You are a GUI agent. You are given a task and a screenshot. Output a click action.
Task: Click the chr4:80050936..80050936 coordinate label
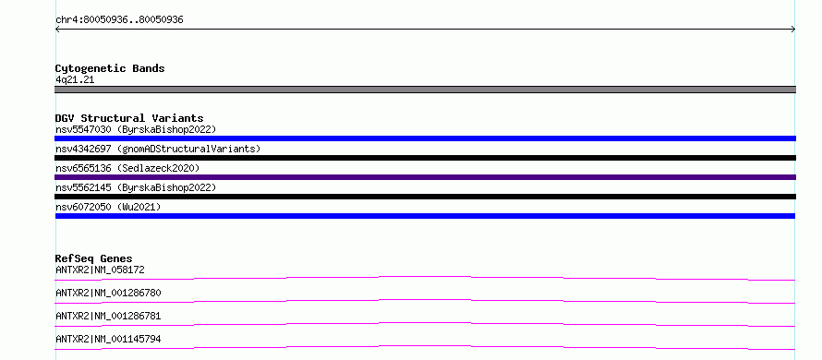[119, 20]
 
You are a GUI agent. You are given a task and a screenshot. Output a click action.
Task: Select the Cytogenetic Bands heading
[110, 68]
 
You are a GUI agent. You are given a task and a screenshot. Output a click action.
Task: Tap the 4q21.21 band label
[75, 80]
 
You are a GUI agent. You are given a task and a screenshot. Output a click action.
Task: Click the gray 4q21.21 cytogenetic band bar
[425, 90]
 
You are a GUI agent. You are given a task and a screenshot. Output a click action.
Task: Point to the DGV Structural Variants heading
[129, 118]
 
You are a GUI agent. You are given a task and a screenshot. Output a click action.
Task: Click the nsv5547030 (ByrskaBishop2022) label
[136, 129]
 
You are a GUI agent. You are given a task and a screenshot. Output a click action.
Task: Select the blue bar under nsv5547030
[425, 138]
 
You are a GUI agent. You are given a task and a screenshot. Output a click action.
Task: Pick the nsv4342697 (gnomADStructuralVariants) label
[158, 149]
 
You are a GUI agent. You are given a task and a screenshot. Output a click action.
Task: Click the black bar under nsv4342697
[425, 158]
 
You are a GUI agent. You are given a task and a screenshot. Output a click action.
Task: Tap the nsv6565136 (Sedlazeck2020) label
[127, 168]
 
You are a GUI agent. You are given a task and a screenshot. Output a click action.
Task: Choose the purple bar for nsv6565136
[425, 177]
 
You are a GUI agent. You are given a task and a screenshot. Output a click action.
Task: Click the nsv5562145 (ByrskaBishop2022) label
[136, 187]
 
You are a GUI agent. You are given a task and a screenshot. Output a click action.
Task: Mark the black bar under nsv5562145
[425, 197]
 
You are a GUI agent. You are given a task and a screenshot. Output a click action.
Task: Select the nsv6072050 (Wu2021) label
[108, 207]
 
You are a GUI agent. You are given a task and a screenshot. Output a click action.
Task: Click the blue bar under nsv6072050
[425, 216]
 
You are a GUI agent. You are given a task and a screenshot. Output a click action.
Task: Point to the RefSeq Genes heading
[94, 258]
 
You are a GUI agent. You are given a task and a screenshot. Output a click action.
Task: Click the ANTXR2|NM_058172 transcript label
[100, 270]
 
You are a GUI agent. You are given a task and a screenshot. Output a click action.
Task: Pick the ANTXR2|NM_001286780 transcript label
[108, 293]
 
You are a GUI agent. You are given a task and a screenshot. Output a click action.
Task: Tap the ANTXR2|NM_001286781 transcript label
[108, 316]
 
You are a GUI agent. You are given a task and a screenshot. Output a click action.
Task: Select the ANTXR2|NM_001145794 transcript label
[108, 339]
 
